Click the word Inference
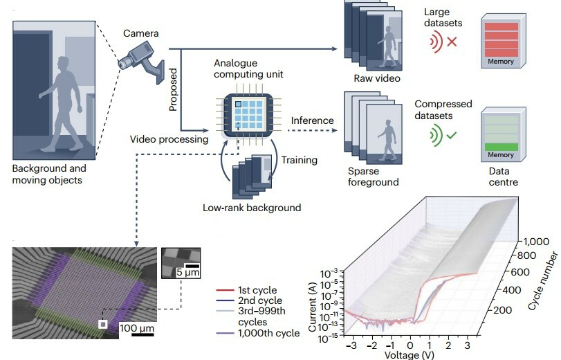(x=312, y=120)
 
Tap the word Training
(x=299, y=160)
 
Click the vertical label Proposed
(x=174, y=89)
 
